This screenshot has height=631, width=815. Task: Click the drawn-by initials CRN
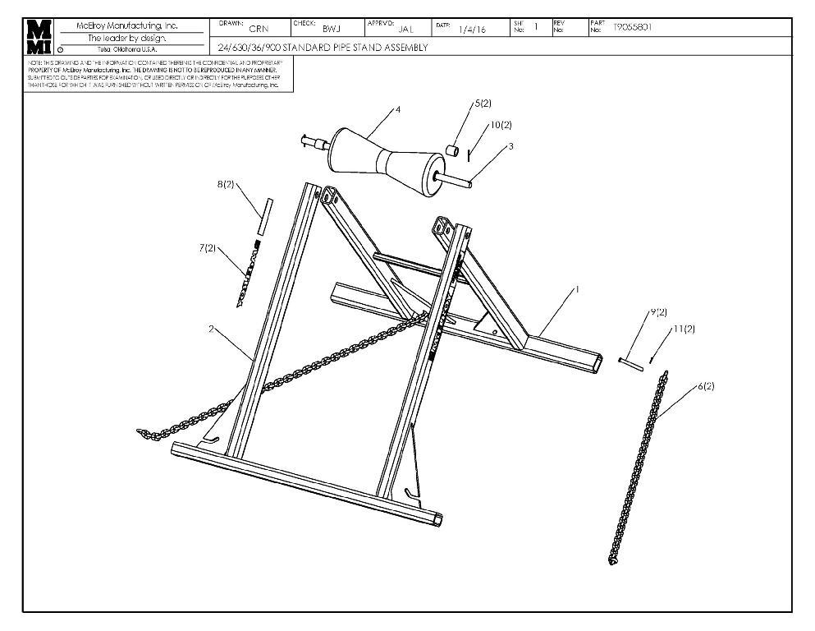pyautogui.click(x=259, y=29)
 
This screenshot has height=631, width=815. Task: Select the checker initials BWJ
pyautogui.click(x=332, y=29)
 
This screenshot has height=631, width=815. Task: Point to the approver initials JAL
pyautogui.click(x=405, y=29)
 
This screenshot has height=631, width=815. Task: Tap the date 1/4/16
pyautogui.click(x=474, y=30)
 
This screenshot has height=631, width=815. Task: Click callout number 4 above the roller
pyautogui.click(x=398, y=110)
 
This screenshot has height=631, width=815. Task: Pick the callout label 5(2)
pyautogui.click(x=481, y=104)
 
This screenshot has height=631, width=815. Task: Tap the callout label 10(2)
pyautogui.click(x=501, y=125)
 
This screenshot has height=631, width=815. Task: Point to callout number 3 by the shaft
pyautogui.click(x=511, y=145)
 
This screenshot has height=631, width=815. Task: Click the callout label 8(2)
pyautogui.click(x=226, y=185)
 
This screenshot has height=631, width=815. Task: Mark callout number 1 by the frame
pyautogui.click(x=578, y=289)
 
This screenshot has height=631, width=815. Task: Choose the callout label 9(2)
pyautogui.click(x=658, y=312)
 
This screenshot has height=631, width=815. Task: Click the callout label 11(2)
pyautogui.click(x=684, y=329)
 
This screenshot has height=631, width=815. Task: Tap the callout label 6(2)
pyautogui.click(x=705, y=385)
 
